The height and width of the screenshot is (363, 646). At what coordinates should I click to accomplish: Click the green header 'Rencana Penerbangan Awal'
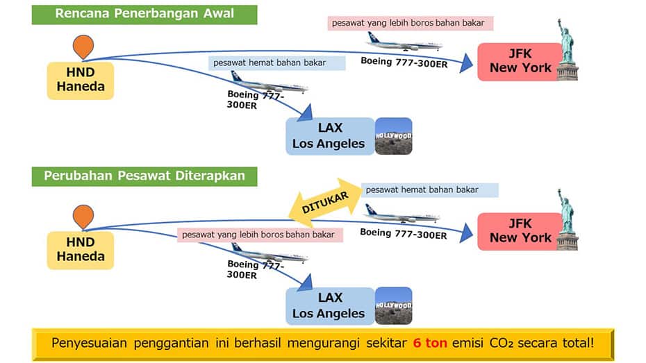pos(144,15)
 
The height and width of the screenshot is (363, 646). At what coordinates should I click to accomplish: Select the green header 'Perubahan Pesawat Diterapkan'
pos(144,176)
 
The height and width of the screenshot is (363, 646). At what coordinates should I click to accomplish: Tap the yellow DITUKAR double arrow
pos(325,202)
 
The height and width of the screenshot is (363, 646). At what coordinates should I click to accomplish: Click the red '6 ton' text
pos(430,343)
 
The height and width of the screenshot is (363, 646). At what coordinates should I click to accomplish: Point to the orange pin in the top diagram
pos(83,46)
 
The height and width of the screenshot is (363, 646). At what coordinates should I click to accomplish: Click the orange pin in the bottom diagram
pos(83,216)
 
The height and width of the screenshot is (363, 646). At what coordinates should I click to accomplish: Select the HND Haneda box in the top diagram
pos(81,81)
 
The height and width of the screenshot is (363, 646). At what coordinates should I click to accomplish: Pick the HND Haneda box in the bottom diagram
pos(81,251)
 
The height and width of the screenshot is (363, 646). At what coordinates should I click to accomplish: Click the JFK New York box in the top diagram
pos(520,62)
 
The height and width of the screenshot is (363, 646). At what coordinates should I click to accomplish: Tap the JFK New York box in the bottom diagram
pos(520,232)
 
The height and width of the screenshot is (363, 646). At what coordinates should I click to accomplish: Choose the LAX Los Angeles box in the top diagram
pos(329,136)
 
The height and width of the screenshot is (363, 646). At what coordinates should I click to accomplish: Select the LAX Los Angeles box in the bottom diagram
pos(329,306)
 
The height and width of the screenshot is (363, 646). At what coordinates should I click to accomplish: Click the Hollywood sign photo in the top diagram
pos(393,136)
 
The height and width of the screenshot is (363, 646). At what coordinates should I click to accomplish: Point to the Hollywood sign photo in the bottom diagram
pos(393,306)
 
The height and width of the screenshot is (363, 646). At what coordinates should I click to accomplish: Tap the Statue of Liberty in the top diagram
pos(567,51)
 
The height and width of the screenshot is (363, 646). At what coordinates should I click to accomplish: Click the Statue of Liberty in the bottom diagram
pos(567,221)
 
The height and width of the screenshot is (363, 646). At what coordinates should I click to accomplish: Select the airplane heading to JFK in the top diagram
pos(404,43)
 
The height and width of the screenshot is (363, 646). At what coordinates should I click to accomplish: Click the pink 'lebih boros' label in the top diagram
pos(411,23)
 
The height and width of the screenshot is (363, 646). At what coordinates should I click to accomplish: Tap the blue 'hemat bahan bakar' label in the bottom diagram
pos(430,190)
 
